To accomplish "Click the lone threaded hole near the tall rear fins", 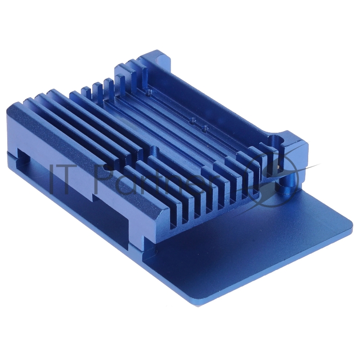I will [148, 93].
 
